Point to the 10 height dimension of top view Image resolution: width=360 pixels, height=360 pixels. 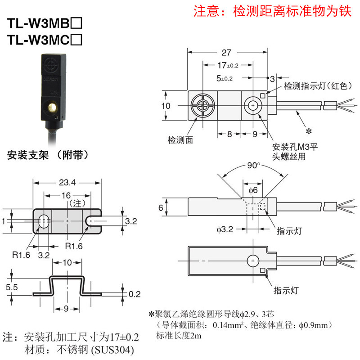pyautogui.click(x=166, y=105)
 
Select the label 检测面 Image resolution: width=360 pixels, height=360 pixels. pyautogui.click(x=180, y=140)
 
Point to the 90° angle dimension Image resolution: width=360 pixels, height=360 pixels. pyautogui.click(x=253, y=165)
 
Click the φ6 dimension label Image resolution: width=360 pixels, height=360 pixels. pyautogui.click(x=253, y=190)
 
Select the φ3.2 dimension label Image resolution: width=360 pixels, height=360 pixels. pyautogui.click(x=225, y=229)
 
